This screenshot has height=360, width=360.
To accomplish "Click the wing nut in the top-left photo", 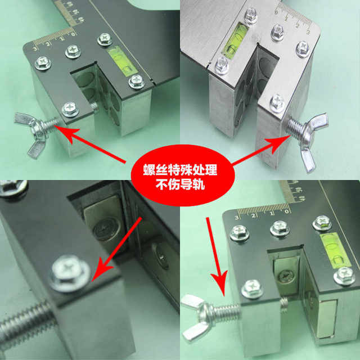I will click(29, 133).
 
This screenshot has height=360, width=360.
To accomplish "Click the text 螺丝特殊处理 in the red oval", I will click(179, 168).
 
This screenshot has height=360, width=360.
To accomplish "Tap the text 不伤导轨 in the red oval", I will click(179, 183).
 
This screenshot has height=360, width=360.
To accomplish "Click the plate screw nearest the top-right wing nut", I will click(277, 102).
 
